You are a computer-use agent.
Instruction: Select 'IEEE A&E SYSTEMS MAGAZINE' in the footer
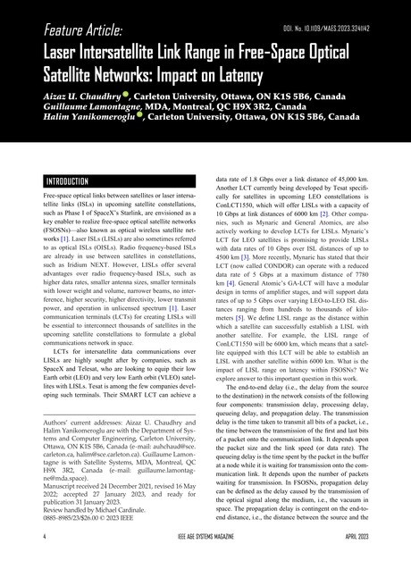205,539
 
